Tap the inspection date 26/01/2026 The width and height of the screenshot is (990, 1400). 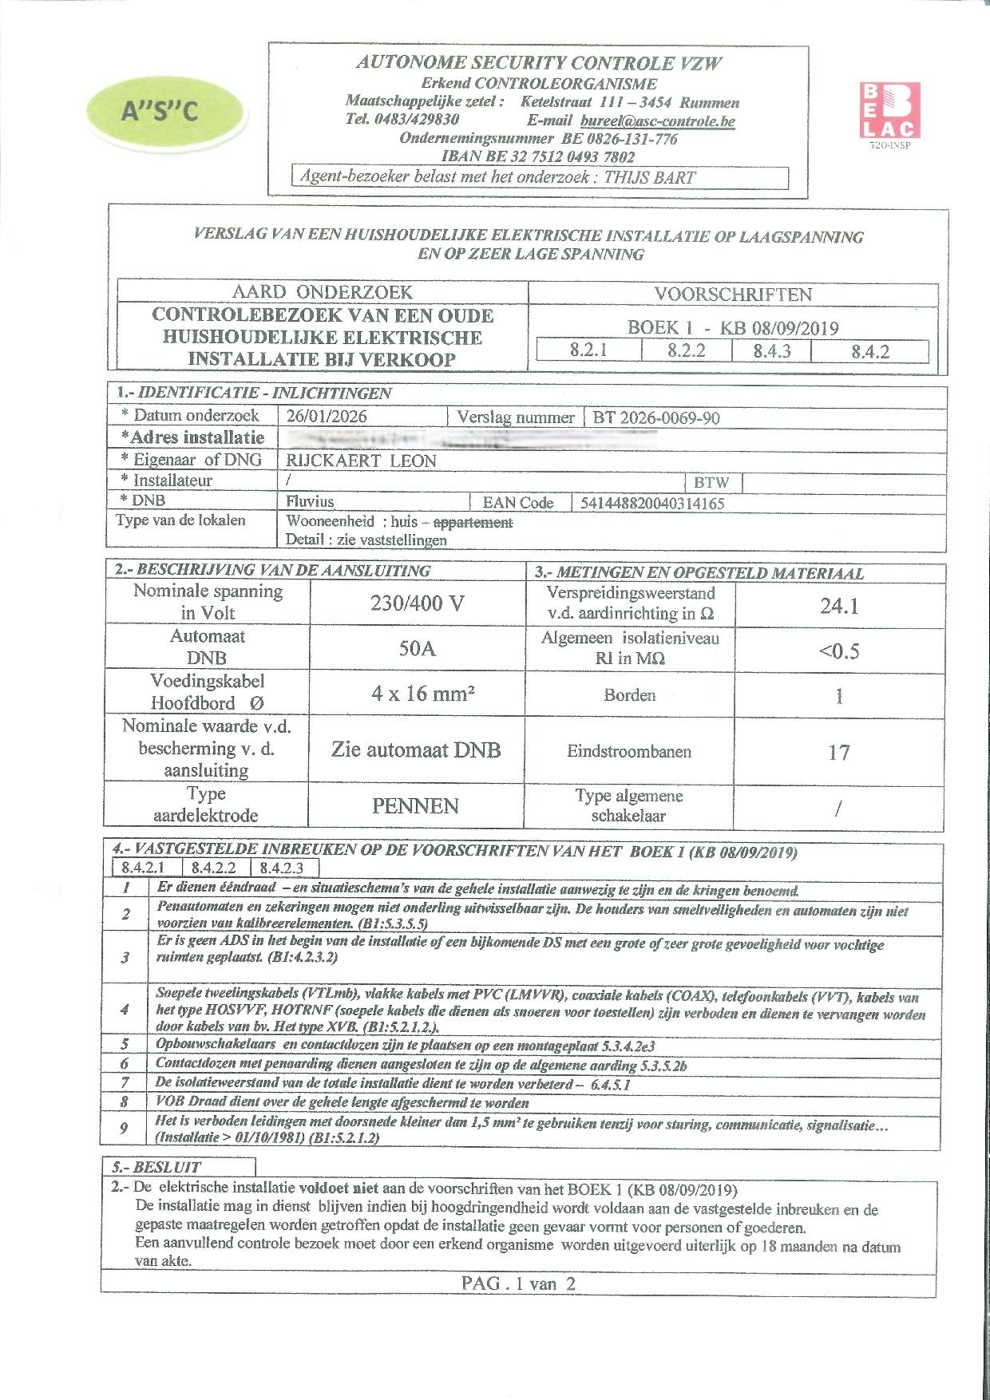(327, 416)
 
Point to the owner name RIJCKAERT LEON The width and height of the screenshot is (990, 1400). (361, 461)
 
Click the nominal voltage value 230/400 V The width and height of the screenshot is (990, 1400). (417, 603)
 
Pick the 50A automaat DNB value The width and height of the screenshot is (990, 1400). (417, 648)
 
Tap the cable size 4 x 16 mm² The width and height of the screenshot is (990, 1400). (422, 693)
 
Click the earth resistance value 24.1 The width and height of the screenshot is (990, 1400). (838, 607)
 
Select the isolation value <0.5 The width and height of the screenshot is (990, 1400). (838, 651)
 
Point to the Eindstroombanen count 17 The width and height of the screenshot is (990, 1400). (838, 752)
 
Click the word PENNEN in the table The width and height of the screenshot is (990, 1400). (415, 806)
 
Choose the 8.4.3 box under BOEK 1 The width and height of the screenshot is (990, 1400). (771, 351)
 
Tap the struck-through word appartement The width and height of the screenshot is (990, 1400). (473, 522)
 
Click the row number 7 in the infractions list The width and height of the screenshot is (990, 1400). (125, 1083)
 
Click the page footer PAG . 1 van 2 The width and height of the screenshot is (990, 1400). (517, 1283)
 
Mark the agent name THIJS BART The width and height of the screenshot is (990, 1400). (650, 177)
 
